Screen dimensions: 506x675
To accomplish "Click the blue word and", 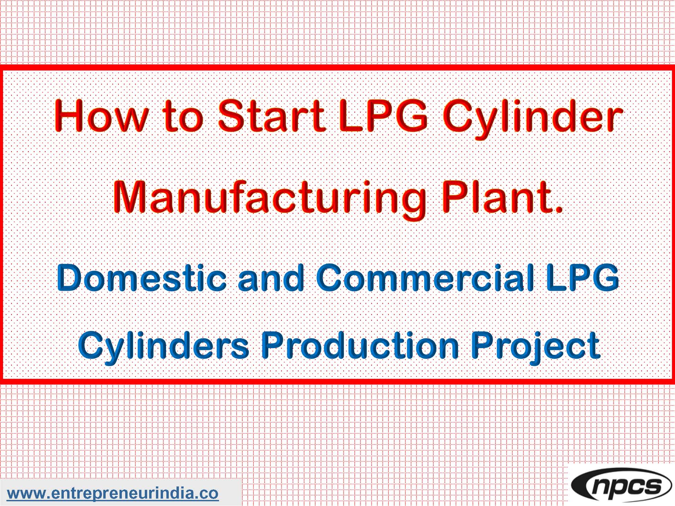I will [x=271, y=278].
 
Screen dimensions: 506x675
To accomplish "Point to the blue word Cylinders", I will [x=163, y=346].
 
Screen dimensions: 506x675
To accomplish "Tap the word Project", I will [x=535, y=346].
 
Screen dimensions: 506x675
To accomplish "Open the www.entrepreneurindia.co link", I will [x=113, y=493].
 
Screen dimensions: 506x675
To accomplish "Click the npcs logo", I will [x=621, y=486].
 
